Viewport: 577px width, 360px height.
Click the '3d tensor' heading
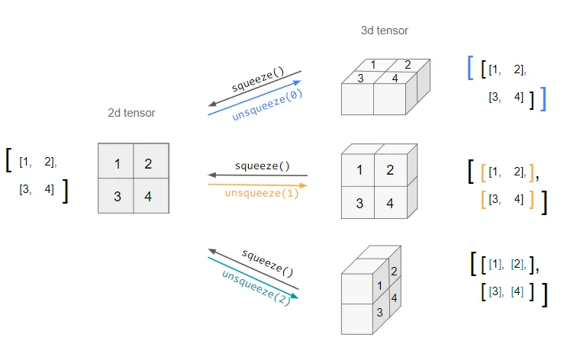[x=384, y=31]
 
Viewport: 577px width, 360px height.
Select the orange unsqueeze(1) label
[x=262, y=193]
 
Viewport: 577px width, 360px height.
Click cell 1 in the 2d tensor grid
[x=117, y=163]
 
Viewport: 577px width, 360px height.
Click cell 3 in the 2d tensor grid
[x=117, y=197]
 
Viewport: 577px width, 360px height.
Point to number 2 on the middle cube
[x=390, y=169]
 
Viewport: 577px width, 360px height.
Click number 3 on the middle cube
[x=359, y=204]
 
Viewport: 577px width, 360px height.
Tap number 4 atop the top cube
[x=395, y=77]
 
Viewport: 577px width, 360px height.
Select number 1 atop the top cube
[x=372, y=65]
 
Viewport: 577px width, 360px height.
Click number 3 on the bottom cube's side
[x=379, y=312]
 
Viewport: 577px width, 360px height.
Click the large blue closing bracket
[x=543, y=98]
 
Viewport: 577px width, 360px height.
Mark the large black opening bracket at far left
[x=8, y=159]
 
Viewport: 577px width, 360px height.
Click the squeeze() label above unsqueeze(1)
[x=263, y=166]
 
